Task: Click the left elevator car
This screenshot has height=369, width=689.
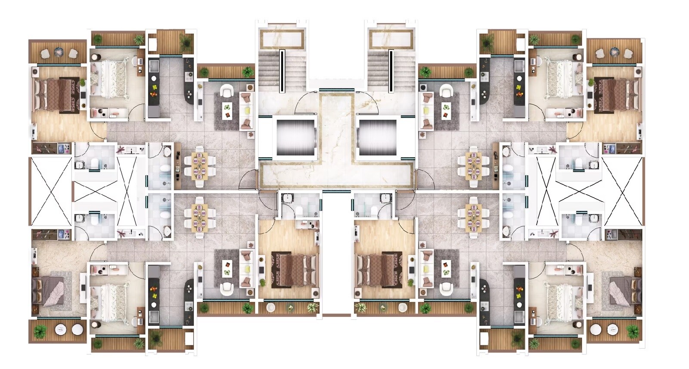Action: [x=295, y=137]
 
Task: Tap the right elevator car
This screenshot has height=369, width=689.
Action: [x=377, y=137]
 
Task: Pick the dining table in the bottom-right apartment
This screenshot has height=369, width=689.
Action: [x=473, y=217]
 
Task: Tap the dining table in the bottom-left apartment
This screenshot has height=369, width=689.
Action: [x=199, y=217]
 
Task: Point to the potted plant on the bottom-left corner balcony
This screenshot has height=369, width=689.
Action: [x=40, y=332]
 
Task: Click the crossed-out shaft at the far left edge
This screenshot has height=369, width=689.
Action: [x=51, y=191]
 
